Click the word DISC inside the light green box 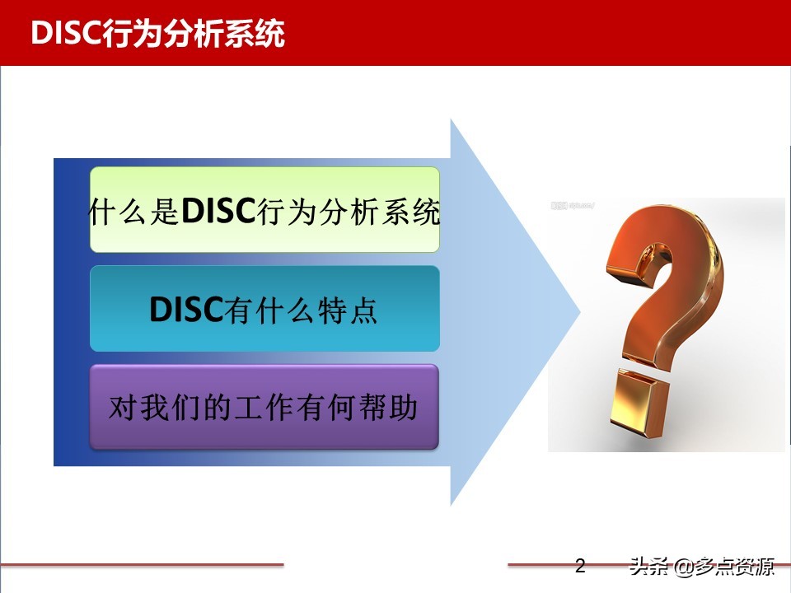tap(216, 212)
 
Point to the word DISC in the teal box tap(186, 311)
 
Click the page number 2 tap(579, 567)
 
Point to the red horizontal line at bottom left tap(140, 565)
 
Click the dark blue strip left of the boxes tap(69, 313)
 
